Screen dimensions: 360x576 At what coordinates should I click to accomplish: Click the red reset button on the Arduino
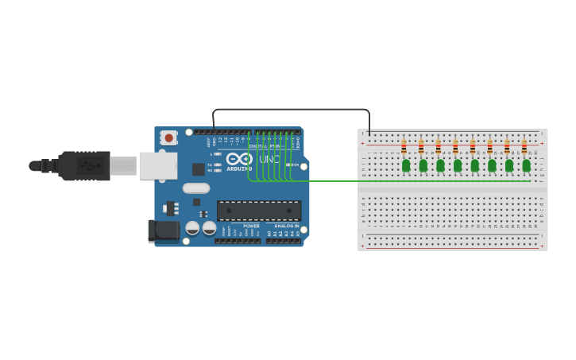168,137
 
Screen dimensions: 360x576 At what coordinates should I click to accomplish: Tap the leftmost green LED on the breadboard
406,165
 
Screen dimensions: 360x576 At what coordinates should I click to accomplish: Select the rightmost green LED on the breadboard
526,165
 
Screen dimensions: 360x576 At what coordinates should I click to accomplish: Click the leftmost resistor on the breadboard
404,146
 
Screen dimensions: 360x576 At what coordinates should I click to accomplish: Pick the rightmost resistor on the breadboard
524,146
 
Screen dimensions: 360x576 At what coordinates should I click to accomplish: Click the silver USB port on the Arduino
158,165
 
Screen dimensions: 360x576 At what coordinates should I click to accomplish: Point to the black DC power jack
164,231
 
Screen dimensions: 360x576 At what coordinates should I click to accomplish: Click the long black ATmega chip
259,211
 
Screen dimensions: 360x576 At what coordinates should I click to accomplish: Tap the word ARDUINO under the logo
239,168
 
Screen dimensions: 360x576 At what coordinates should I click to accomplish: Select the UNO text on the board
269,159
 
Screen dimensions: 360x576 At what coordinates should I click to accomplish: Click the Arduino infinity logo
239,158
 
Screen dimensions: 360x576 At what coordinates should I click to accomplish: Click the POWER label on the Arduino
251,226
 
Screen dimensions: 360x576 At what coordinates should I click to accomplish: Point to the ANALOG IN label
287,226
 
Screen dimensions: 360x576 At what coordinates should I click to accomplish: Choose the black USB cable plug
84,166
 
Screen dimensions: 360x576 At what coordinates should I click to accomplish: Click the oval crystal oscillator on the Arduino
196,188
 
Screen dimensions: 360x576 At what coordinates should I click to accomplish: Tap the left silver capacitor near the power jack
192,228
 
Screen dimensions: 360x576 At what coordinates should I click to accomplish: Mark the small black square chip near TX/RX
198,169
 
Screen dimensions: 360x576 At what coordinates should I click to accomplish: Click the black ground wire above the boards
291,109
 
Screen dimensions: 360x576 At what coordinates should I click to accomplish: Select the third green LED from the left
440,165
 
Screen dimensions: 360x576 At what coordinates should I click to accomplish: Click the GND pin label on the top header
215,141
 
